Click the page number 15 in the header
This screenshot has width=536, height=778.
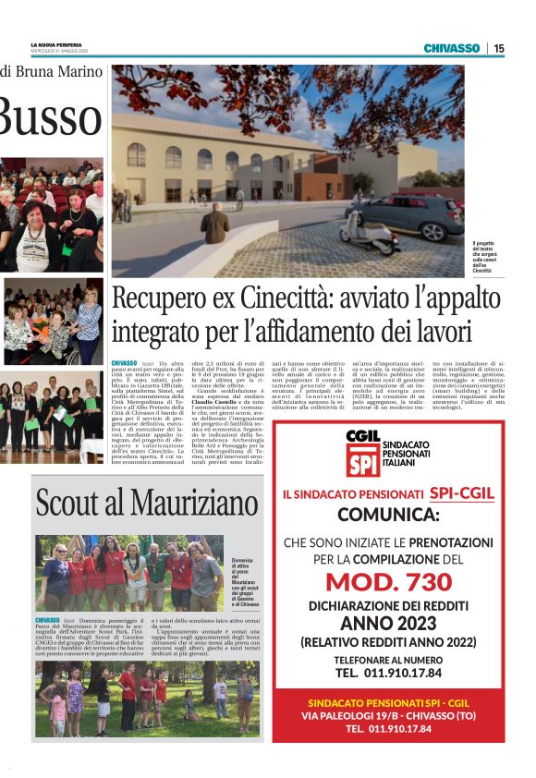point(499,48)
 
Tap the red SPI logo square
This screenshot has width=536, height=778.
point(362,459)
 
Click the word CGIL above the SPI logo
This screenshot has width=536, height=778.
point(362,434)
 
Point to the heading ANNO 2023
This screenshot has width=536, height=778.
point(388,624)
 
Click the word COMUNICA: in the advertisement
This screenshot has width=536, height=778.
point(388,514)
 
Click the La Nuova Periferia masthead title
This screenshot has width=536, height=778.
point(56,45)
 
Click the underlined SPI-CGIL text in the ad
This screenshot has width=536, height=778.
point(461,493)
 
